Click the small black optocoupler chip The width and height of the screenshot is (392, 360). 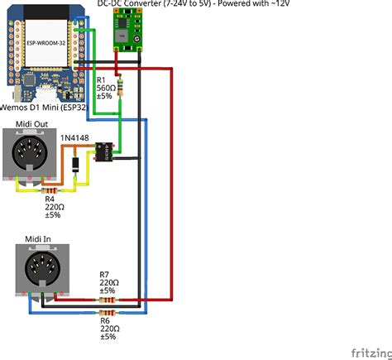click(104, 151)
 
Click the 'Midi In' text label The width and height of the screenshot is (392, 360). click(38, 239)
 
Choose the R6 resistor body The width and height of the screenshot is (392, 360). click(108, 314)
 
